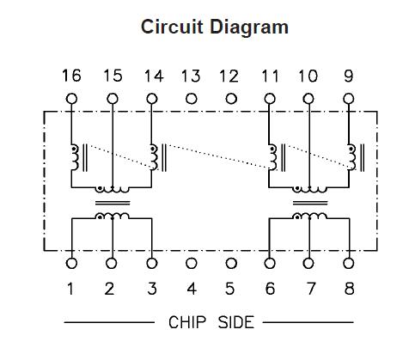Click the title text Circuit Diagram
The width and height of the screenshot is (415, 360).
click(x=215, y=27)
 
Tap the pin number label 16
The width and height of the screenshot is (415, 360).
click(x=71, y=76)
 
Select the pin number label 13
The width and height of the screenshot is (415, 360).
click(x=191, y=76)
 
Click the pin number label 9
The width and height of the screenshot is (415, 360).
click(x=348, y=76)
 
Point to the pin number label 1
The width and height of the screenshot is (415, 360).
click(x=71, y=288)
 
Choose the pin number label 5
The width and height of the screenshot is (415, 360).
click(x=230, y=288)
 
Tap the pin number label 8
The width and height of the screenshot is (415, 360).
click(x=349, y=288)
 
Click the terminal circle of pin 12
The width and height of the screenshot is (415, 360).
click(x=230, y=98)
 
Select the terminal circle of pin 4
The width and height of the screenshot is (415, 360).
click(x=191, y=264)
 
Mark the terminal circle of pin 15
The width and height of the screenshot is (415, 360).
click(x=112, y=98)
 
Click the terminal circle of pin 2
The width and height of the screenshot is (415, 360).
click(x=112, y=264)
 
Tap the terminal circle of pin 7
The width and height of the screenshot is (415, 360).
click(x=309, y=264)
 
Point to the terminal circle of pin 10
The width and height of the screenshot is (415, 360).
click(x=308, y=98)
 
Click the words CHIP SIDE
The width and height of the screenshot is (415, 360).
click(x=211, y=322)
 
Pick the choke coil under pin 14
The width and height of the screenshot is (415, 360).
click(x=154, y=157)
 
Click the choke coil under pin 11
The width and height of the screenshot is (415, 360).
click(x=272, y=157)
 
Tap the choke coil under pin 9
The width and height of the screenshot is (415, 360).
click(x=351, y=157)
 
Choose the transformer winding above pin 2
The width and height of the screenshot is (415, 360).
click(x=112, y=217)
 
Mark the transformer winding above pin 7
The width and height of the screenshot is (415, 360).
click(x=309, y=217)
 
